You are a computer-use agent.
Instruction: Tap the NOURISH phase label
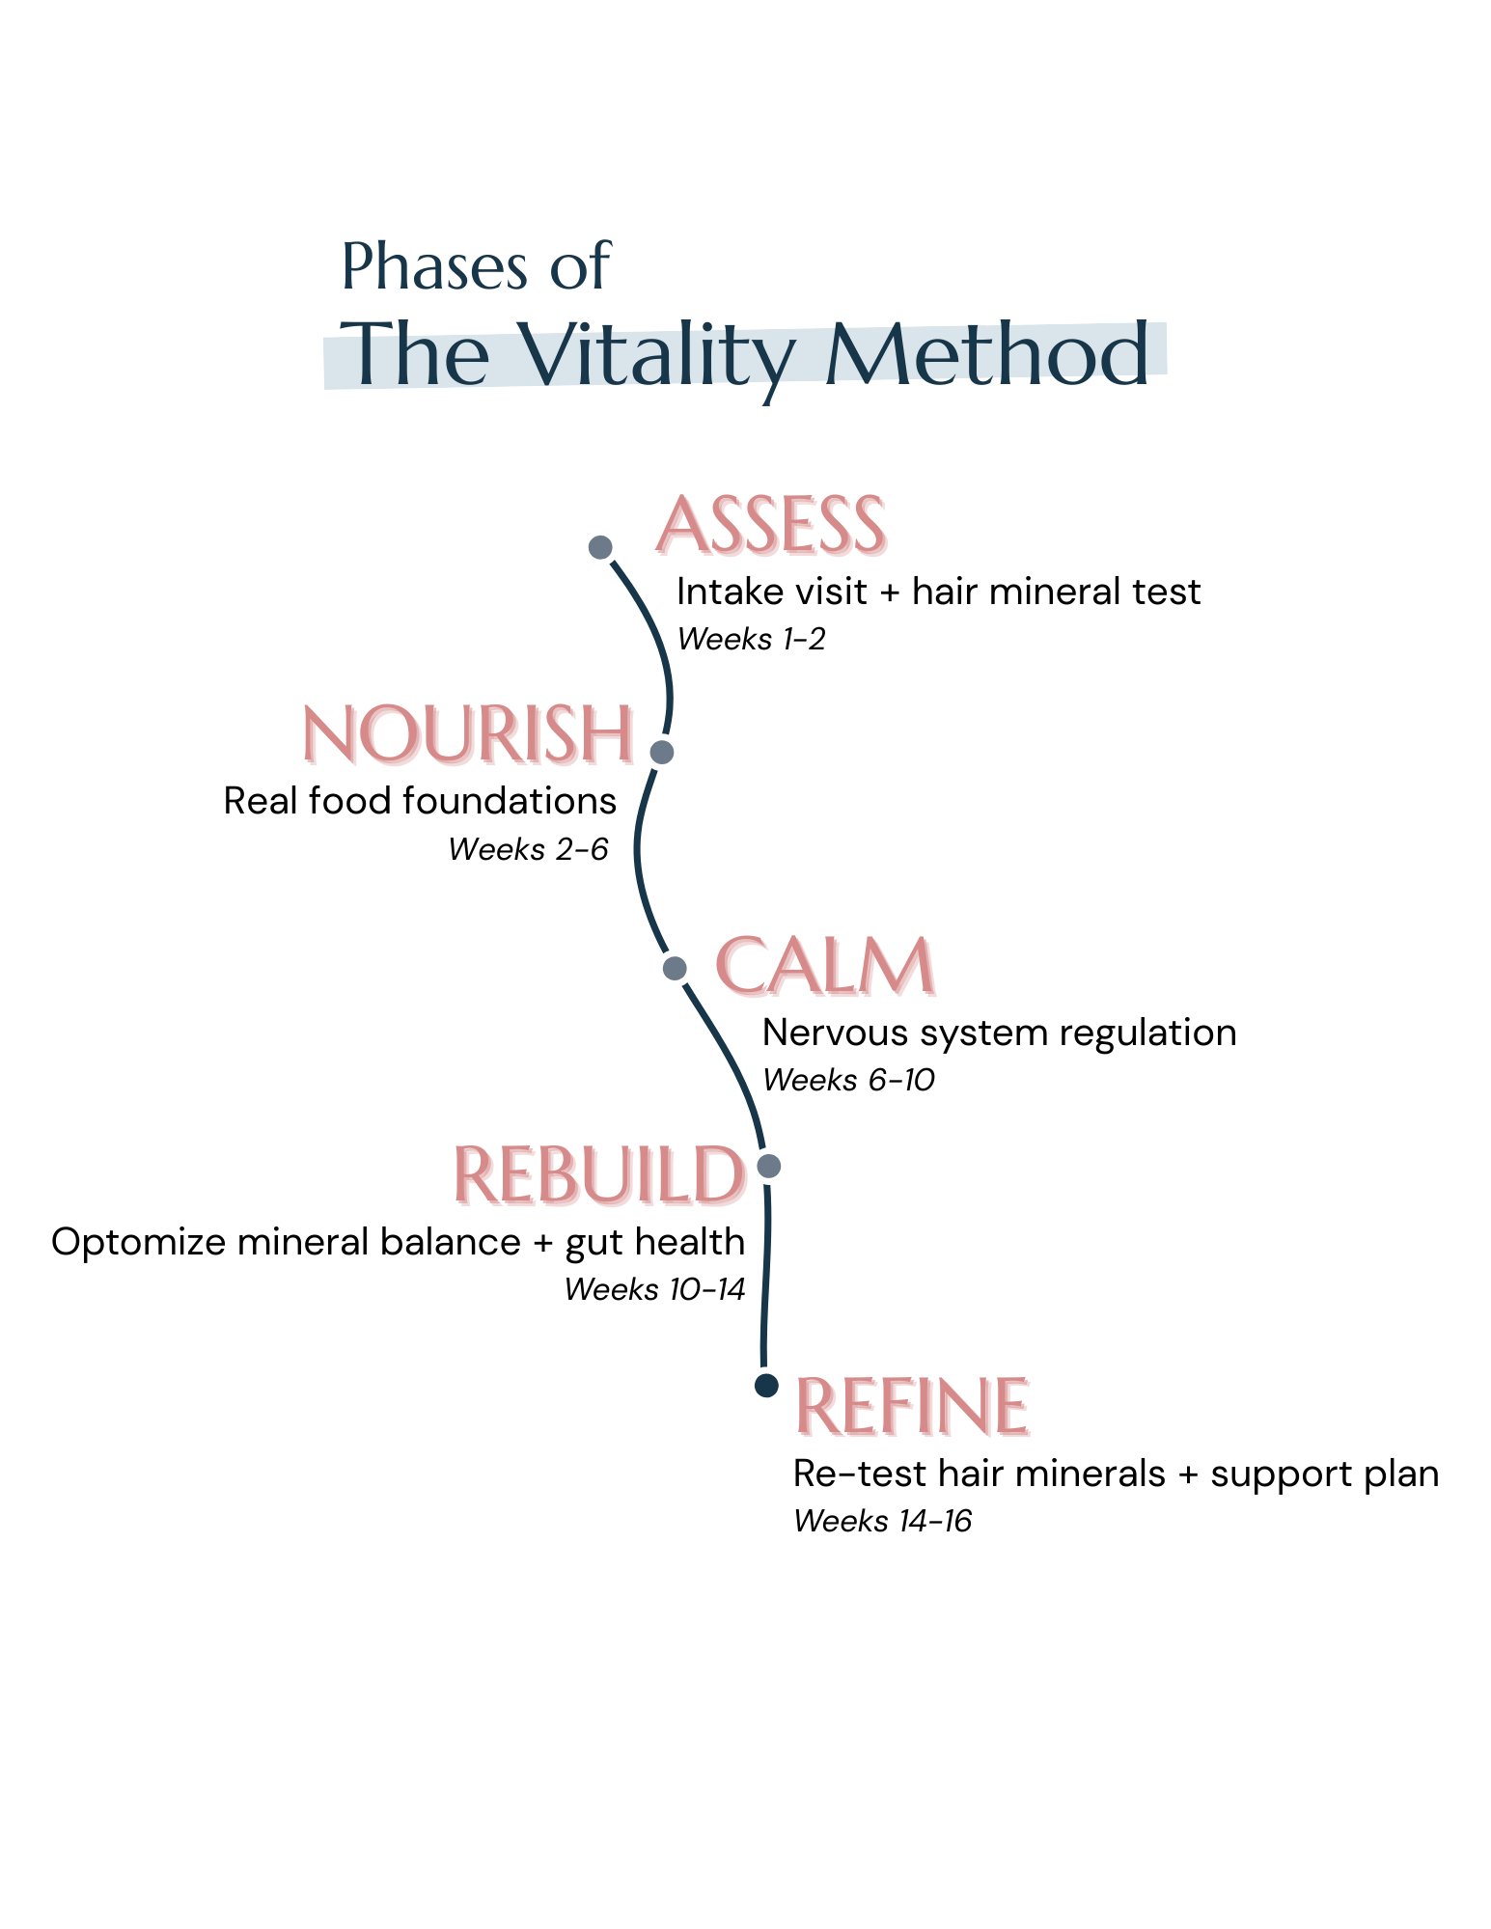[469, 735]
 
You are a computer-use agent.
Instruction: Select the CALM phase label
[826, 967]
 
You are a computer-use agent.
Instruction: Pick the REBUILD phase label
[601, 1176]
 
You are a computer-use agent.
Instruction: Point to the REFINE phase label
[913, 1407]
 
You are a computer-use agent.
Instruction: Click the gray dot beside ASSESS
[600, 547]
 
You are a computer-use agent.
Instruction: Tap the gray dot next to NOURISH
[661, 752]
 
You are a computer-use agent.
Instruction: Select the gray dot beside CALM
[676, 968]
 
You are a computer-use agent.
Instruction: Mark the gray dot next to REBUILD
[768, 1166]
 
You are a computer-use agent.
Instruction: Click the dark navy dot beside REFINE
[766, 1386]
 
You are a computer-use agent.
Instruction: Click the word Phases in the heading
[435, 266]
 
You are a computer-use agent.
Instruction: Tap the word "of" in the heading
[581, 266]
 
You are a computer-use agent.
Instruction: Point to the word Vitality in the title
[661, 357]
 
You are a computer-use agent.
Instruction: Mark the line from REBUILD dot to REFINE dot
[766, 1274]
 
